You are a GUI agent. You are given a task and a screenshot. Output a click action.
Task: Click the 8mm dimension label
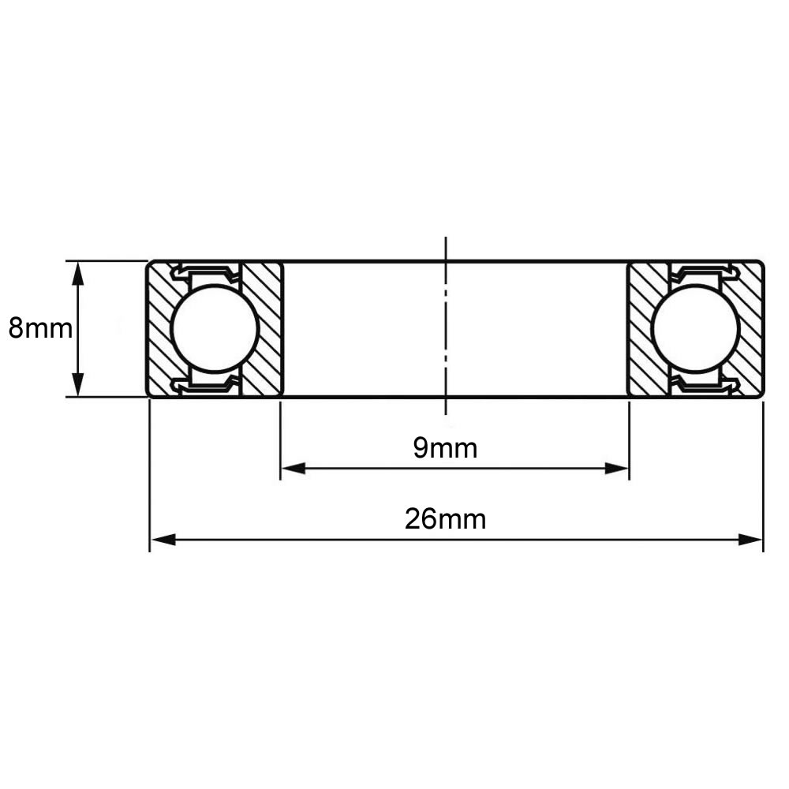tap(40, 329)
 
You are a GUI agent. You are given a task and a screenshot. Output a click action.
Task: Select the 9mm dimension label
tap(445, 448)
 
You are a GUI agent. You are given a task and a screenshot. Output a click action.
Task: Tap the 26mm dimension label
tap(445, 519)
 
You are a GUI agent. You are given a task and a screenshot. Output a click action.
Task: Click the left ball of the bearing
tap(215, 328)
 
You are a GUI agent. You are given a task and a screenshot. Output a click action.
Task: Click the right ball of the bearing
tap(695, 328)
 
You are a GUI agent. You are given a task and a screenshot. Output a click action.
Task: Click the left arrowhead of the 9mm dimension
tap(294, 469)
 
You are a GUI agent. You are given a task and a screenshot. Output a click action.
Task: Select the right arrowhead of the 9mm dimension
tap(617, 469)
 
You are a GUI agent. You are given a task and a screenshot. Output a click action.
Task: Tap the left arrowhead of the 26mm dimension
tap(163, 540)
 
